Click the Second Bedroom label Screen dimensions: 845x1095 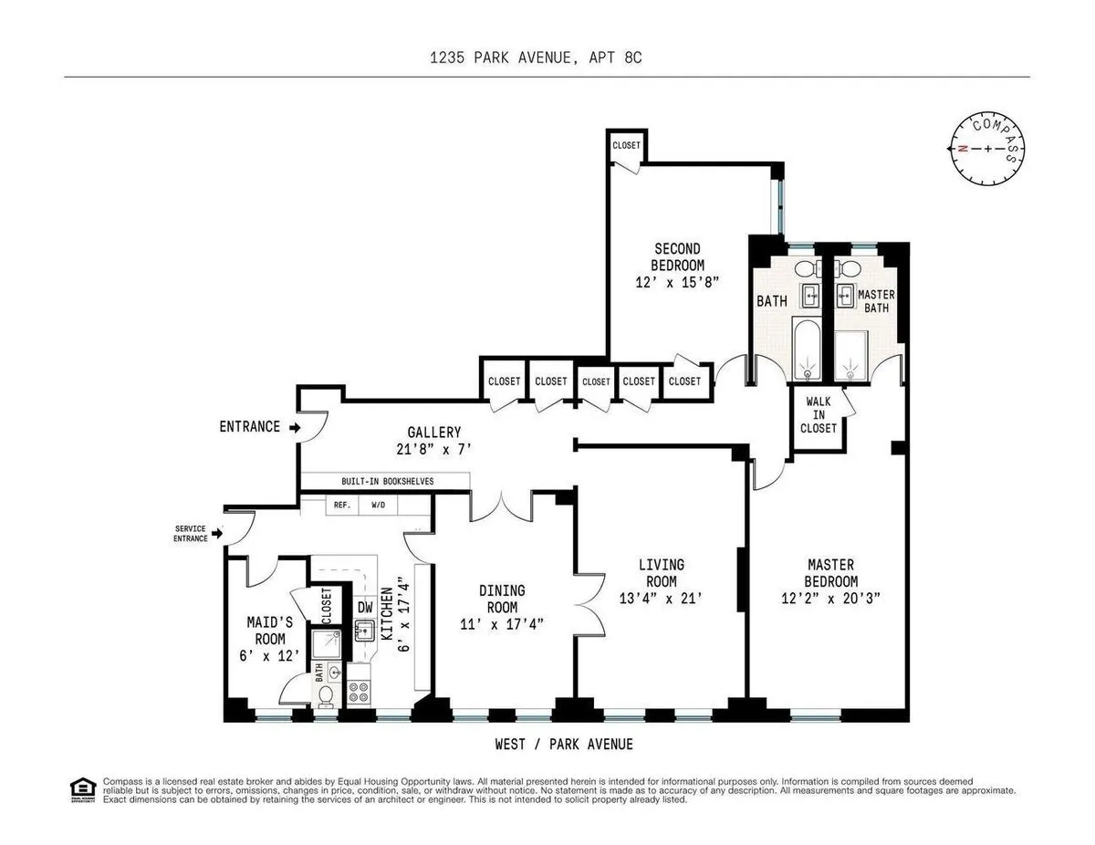tap(677, 257)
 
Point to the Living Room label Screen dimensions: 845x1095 tap(662, 573)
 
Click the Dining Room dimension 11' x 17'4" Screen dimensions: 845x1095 tap(504, 624)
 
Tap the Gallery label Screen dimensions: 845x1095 tap(434, 433)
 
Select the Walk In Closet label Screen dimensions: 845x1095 tap(819, 413)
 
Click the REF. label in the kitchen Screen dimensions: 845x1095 tap(342, 504)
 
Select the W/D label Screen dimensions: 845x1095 tap(378, 504)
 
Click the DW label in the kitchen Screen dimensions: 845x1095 tap(365, 606)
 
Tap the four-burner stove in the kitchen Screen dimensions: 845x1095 tap(359, 692)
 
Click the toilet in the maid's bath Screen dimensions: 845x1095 tap(327, 696)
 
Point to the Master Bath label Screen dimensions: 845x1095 tap(876, 301)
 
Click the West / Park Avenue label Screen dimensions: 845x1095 tap(564, 745)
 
